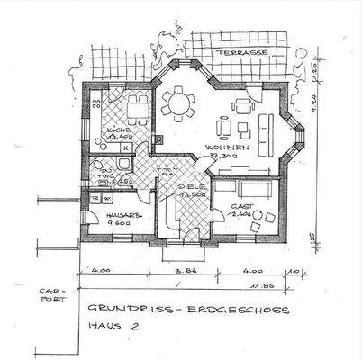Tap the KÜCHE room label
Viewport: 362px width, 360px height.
(x=118, y=130)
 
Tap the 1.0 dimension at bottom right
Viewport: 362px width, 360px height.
(x=295, y=269)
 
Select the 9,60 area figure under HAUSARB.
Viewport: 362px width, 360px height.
(x=118, y=228)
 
